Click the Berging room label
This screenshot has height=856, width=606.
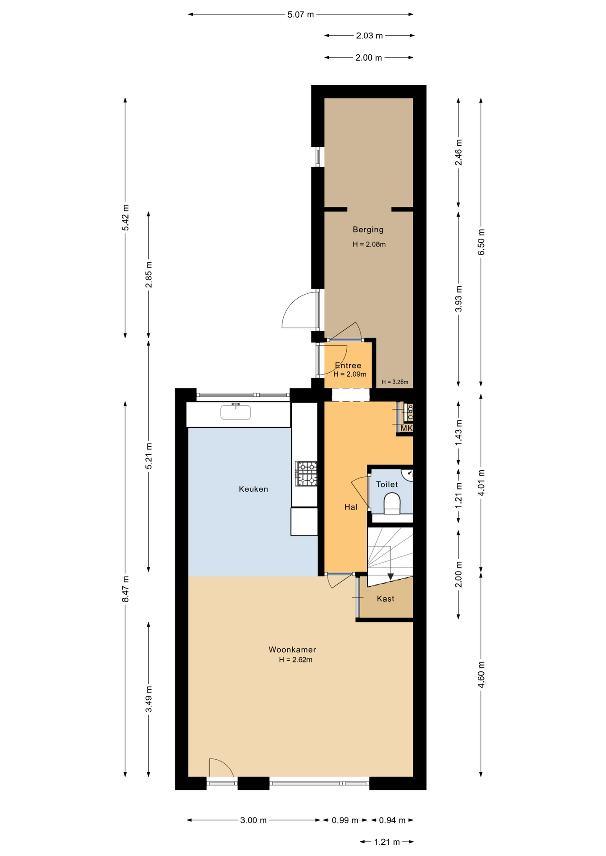tap(368, 230)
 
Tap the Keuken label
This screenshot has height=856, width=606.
tap(253, 489)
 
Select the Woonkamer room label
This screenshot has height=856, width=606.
tap(292, 650)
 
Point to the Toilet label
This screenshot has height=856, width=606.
tap(387, 484)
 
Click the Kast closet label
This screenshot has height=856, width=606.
tap(386, 599)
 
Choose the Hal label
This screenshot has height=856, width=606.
tap(351, 507)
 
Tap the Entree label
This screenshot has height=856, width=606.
tap(348, 366)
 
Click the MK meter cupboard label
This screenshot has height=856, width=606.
tap(407, 428)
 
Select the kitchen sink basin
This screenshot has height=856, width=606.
tap(236, 412)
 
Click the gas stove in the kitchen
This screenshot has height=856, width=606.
tap(306, 473)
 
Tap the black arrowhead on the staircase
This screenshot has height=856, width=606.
tap(390, 576)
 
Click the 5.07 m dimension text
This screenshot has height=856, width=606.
tap(301, 14)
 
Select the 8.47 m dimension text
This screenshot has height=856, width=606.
tap(126, 589)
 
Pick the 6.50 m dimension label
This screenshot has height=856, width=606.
tap(481, 242)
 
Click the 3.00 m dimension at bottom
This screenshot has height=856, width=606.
tap(253, 820)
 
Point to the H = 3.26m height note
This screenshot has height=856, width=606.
tap(395, 382)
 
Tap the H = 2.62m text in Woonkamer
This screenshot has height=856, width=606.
tap(295, 660)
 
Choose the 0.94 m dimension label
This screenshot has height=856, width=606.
tap(392, 820)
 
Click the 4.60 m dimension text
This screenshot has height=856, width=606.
tap(481, 675)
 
